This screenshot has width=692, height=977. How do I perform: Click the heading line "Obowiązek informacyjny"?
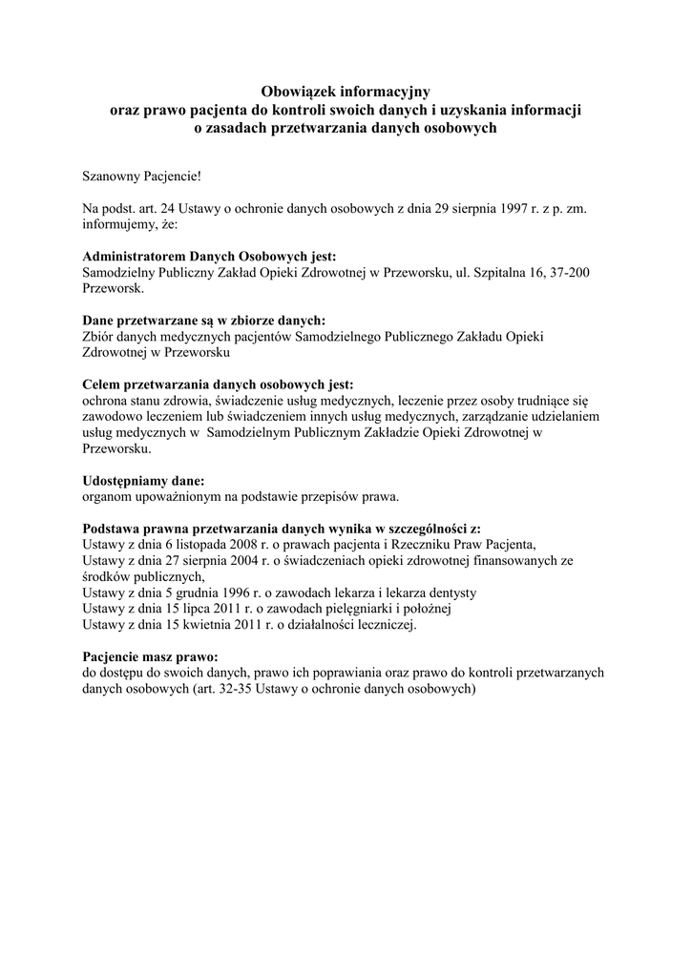pyautogui.click(x=346, y=93)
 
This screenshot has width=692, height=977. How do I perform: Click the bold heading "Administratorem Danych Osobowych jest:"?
pyautogui.click(x=210, y=257)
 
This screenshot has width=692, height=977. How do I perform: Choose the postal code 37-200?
pyautogui.click(x=569, y=273)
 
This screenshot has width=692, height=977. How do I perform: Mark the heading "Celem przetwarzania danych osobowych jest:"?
pyautogui.click(x=218, y=385)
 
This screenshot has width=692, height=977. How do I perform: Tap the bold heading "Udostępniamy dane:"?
pyautogui.click(x=144, y=481)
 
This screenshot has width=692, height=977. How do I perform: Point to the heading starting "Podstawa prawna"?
pyautogui.click(x=283, y=529)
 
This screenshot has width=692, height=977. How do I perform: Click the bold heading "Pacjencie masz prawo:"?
pyautogui.click(x=151, y=657)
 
